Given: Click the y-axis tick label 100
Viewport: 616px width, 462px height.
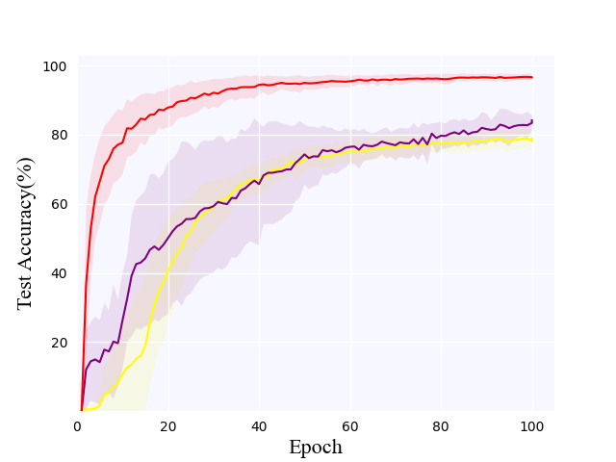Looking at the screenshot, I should [54, 66].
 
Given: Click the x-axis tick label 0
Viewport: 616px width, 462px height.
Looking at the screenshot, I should [77, 425].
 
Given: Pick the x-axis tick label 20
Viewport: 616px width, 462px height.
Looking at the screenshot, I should [167, 425].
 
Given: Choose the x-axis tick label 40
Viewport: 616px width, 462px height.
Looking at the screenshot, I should [259, 425].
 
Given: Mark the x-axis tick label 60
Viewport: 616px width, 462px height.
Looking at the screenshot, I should [350, 425].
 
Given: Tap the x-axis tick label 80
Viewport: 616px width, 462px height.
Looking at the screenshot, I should [441, 425].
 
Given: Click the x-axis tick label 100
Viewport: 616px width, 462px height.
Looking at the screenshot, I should [531, 425].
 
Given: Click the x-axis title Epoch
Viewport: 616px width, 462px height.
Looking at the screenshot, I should [316, 448].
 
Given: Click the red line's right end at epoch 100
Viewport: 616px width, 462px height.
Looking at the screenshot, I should [531, 77].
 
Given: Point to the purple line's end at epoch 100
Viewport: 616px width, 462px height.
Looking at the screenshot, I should [531, 121].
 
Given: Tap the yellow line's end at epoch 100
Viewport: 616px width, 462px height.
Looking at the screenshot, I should [531, 140].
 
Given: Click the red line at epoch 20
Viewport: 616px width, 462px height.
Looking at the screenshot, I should [167, 106].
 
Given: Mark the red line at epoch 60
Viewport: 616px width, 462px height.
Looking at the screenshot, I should [350, 81].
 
